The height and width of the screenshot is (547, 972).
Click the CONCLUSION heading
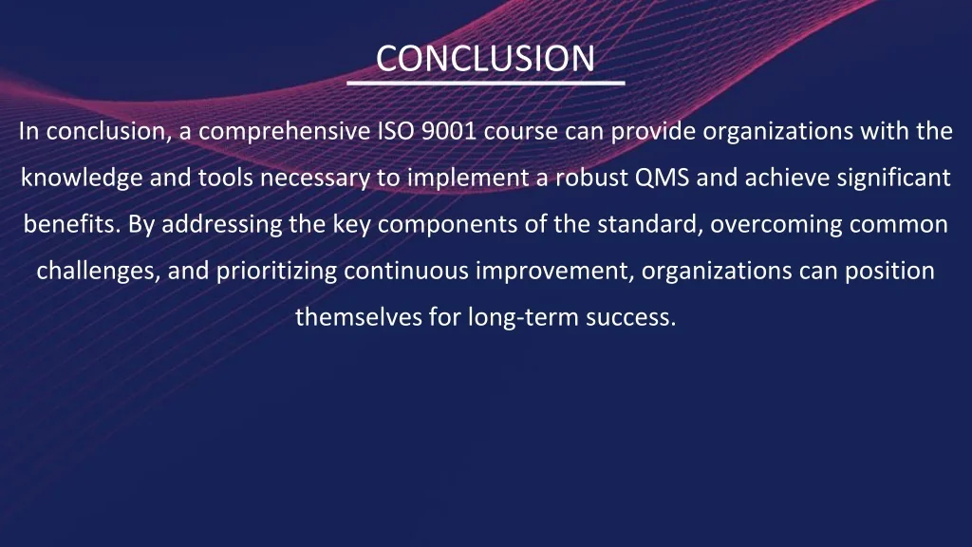[x=485, y=59]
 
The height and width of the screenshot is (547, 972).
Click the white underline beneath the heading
[x=485, y=84]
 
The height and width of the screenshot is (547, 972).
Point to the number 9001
[x=449, y=132]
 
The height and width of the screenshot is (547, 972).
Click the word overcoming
[x=768, y=225]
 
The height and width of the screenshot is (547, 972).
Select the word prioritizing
[x=277, y=272]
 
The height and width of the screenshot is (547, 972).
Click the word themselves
[x=359, y=317]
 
